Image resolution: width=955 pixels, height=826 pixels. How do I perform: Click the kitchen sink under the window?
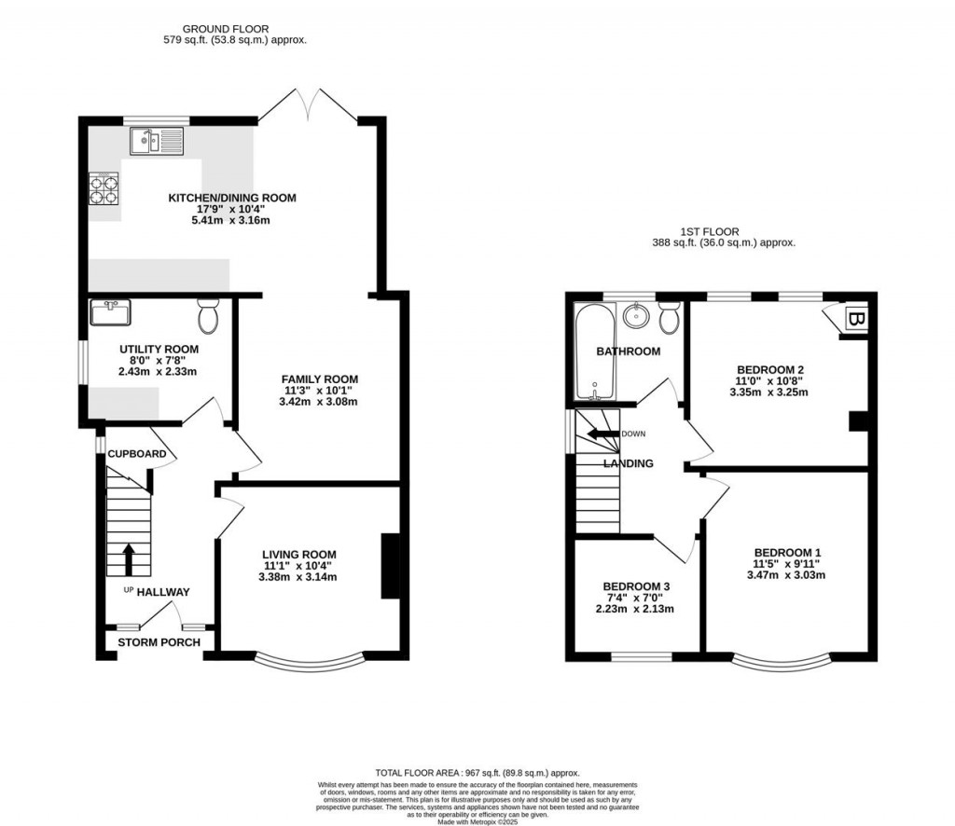(158, 142)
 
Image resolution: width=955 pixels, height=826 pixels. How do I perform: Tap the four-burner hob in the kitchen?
(104, 189)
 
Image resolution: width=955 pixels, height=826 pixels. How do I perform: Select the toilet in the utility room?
(208, 317)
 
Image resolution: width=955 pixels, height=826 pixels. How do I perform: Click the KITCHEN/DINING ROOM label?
(232, 198)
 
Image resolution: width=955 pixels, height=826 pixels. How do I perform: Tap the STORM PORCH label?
(155, 642)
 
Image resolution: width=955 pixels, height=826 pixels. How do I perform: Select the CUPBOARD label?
(137, 454)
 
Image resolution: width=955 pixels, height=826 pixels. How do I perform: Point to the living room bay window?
(308, 664)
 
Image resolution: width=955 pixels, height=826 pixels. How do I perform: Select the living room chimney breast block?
(391, 565)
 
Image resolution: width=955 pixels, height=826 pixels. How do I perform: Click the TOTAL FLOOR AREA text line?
(477, 773)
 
